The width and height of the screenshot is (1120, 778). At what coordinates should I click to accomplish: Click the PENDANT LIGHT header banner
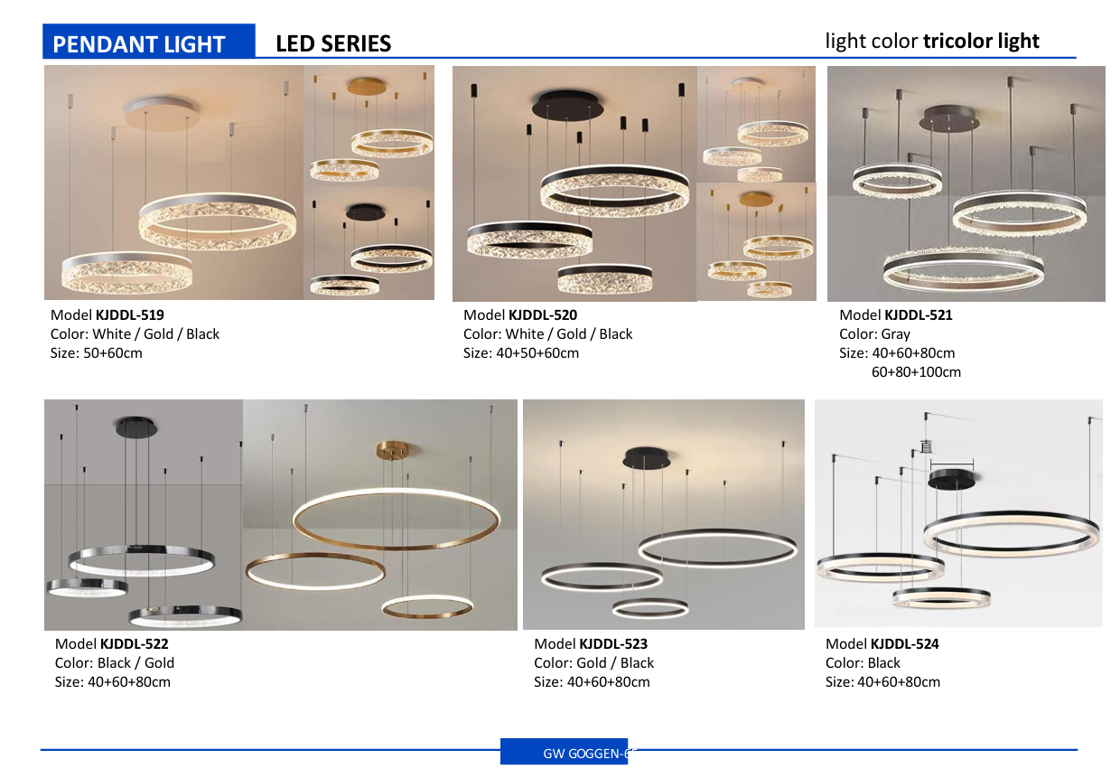148,41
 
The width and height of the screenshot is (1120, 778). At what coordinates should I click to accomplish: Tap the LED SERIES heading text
333,44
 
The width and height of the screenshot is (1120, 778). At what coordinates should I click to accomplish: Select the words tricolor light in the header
981,41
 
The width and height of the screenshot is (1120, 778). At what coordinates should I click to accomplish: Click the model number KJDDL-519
129,315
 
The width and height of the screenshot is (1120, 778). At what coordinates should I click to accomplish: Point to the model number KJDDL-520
543,315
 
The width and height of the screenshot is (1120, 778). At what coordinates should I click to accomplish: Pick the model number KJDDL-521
919,315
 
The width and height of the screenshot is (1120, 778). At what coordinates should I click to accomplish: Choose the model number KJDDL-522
134,644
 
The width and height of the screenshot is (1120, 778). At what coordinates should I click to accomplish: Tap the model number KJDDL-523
613,644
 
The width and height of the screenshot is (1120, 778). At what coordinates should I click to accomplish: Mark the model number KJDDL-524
904,644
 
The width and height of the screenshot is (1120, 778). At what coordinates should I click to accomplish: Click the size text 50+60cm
113,353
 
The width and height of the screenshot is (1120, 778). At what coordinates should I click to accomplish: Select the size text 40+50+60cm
537,353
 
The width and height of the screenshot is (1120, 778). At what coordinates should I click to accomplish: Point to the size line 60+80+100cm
916,372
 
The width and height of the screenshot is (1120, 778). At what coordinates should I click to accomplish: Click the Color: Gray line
874,334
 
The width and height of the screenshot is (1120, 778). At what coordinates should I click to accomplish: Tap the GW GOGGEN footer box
564,752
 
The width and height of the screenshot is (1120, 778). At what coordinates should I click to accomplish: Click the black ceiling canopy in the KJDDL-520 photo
567,104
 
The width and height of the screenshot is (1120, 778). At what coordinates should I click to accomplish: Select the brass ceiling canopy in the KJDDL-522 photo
393,450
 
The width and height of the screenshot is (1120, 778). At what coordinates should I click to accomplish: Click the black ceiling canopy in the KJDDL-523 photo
647,457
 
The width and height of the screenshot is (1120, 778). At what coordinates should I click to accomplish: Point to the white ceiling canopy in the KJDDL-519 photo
162,113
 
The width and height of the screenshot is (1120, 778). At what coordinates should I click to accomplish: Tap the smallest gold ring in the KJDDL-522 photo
427,606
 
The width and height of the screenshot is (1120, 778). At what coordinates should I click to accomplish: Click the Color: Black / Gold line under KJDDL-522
115,663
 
